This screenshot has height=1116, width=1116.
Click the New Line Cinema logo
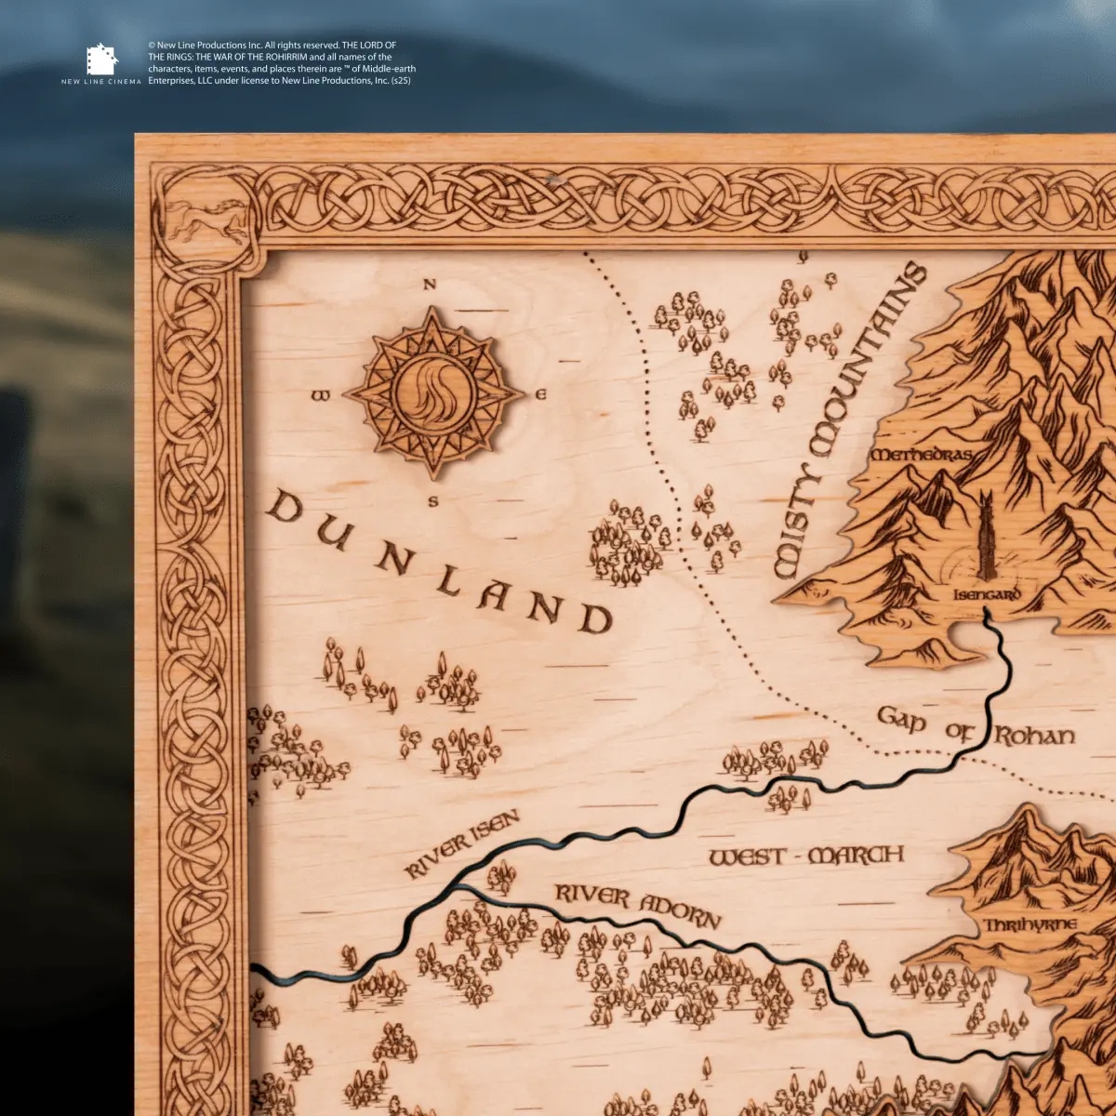[x=101, y=62]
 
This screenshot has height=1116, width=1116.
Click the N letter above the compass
[x=429, y=286]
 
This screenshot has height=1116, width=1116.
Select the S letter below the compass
[x=432, y=503]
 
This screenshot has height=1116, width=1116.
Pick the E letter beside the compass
[x=540, y=395]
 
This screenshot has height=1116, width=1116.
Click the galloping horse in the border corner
[x=211, y=220]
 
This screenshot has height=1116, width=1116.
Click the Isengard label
[x=987, y=594]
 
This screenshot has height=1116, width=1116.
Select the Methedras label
[x=922, y=455]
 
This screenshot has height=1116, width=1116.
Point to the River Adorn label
[x=638, y=906]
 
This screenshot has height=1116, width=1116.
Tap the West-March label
[x=806, y=856]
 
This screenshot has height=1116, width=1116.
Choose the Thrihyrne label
[x=1030, y=925]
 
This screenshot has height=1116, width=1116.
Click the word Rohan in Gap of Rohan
[x=1034, y=737]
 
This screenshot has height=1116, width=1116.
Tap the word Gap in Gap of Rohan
[x=901, y=719]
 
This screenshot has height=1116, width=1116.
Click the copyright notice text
[x=281, y=62]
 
